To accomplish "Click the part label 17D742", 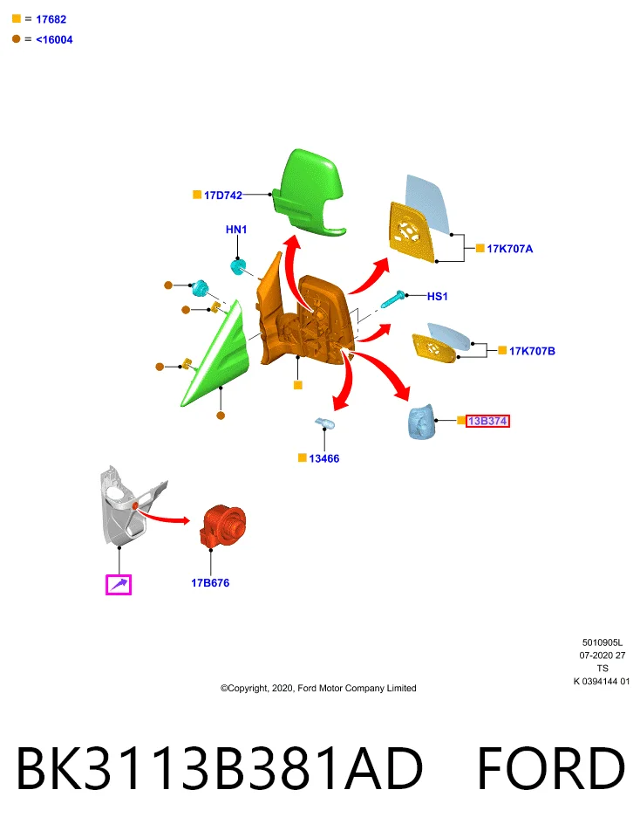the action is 222,196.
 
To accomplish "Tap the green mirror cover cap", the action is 309,192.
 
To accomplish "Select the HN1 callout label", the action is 236,230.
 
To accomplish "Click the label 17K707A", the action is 509,249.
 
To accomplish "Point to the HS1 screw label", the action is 437,296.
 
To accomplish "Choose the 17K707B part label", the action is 532,351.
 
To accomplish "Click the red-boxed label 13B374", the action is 487,421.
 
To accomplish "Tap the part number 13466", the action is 324,458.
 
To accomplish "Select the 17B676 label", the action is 210,583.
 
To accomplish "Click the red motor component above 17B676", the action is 223,525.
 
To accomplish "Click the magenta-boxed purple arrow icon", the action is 119,585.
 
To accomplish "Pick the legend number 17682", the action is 51,19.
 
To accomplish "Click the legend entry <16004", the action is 54,39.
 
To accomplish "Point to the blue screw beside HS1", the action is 393,299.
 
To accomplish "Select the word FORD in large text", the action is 550,768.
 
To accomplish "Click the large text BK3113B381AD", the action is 220,768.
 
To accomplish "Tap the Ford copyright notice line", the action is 318,689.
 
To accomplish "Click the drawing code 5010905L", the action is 603,642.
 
